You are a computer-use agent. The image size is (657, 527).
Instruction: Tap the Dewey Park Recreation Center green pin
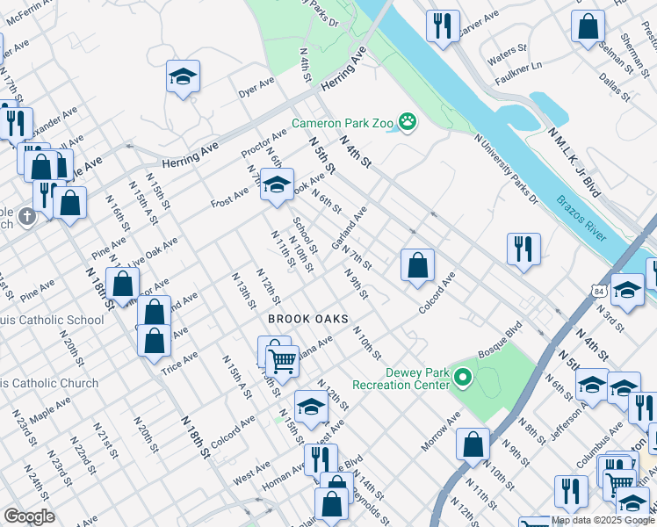(x=462, y=379)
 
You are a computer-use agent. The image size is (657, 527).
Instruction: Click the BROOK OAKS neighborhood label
(x=307, y=319)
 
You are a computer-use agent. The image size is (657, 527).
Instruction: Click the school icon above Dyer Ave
(x=184, y=77)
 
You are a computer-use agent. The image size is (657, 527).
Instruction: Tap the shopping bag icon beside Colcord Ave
(x=417, y=264)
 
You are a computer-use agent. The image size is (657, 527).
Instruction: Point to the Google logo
(x=29, y=516)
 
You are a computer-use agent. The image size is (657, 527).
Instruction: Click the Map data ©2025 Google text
(x=603, y=520)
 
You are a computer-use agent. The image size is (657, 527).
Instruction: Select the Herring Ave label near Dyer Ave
(x=343, y=73)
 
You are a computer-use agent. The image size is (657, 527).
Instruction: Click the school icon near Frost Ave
(x=277, y=186)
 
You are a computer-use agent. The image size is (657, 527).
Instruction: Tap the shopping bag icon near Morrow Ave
(x=473, y=445)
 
